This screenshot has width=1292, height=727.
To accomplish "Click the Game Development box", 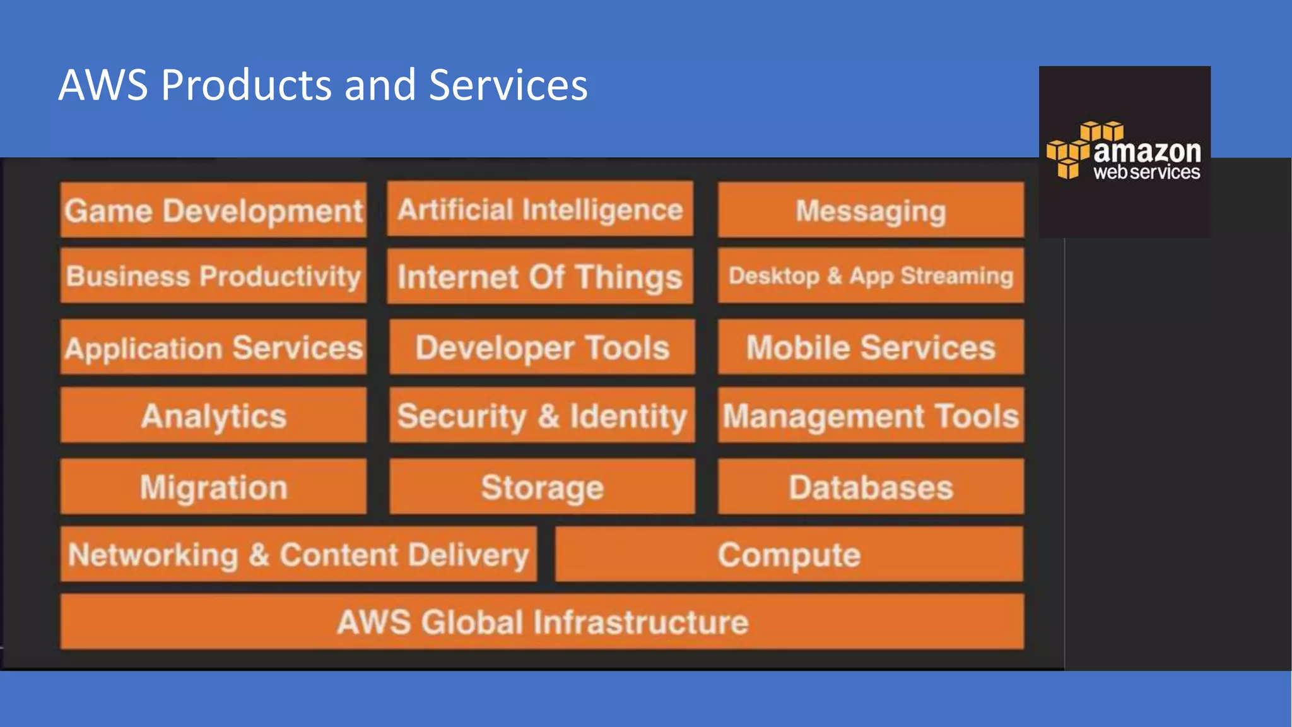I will coord(213,210).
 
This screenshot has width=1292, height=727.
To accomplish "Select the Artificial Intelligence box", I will coord(540,209).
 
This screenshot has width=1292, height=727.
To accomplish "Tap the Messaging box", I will coord(871,210).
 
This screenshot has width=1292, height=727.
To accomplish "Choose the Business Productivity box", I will coord(213,276).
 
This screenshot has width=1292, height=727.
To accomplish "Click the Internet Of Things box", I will coord(540,276).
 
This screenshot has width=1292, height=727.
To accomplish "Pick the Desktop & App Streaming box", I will coord(871,276).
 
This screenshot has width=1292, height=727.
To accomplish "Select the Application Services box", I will coord(213,347).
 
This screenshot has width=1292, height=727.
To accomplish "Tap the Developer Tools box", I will coord(542,347).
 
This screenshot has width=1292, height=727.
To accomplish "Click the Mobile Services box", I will coord(871,347).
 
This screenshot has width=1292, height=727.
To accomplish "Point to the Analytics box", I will coord(213,415).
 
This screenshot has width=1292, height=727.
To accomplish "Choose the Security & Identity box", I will coord(542,415).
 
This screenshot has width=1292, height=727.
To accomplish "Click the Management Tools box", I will coord(871,415).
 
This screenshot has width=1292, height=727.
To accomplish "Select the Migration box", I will coord(213,487).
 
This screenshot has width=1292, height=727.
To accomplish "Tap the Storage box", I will coord(542,487).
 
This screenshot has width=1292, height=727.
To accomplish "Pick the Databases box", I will coord(871,487).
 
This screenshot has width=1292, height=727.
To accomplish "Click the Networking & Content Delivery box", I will coord(298,554).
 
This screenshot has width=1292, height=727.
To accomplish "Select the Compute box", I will coord(789,554).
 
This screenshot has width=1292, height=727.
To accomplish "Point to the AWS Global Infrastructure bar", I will coord(542,622).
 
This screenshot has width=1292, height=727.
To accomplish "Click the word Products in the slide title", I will coord(246,85).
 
